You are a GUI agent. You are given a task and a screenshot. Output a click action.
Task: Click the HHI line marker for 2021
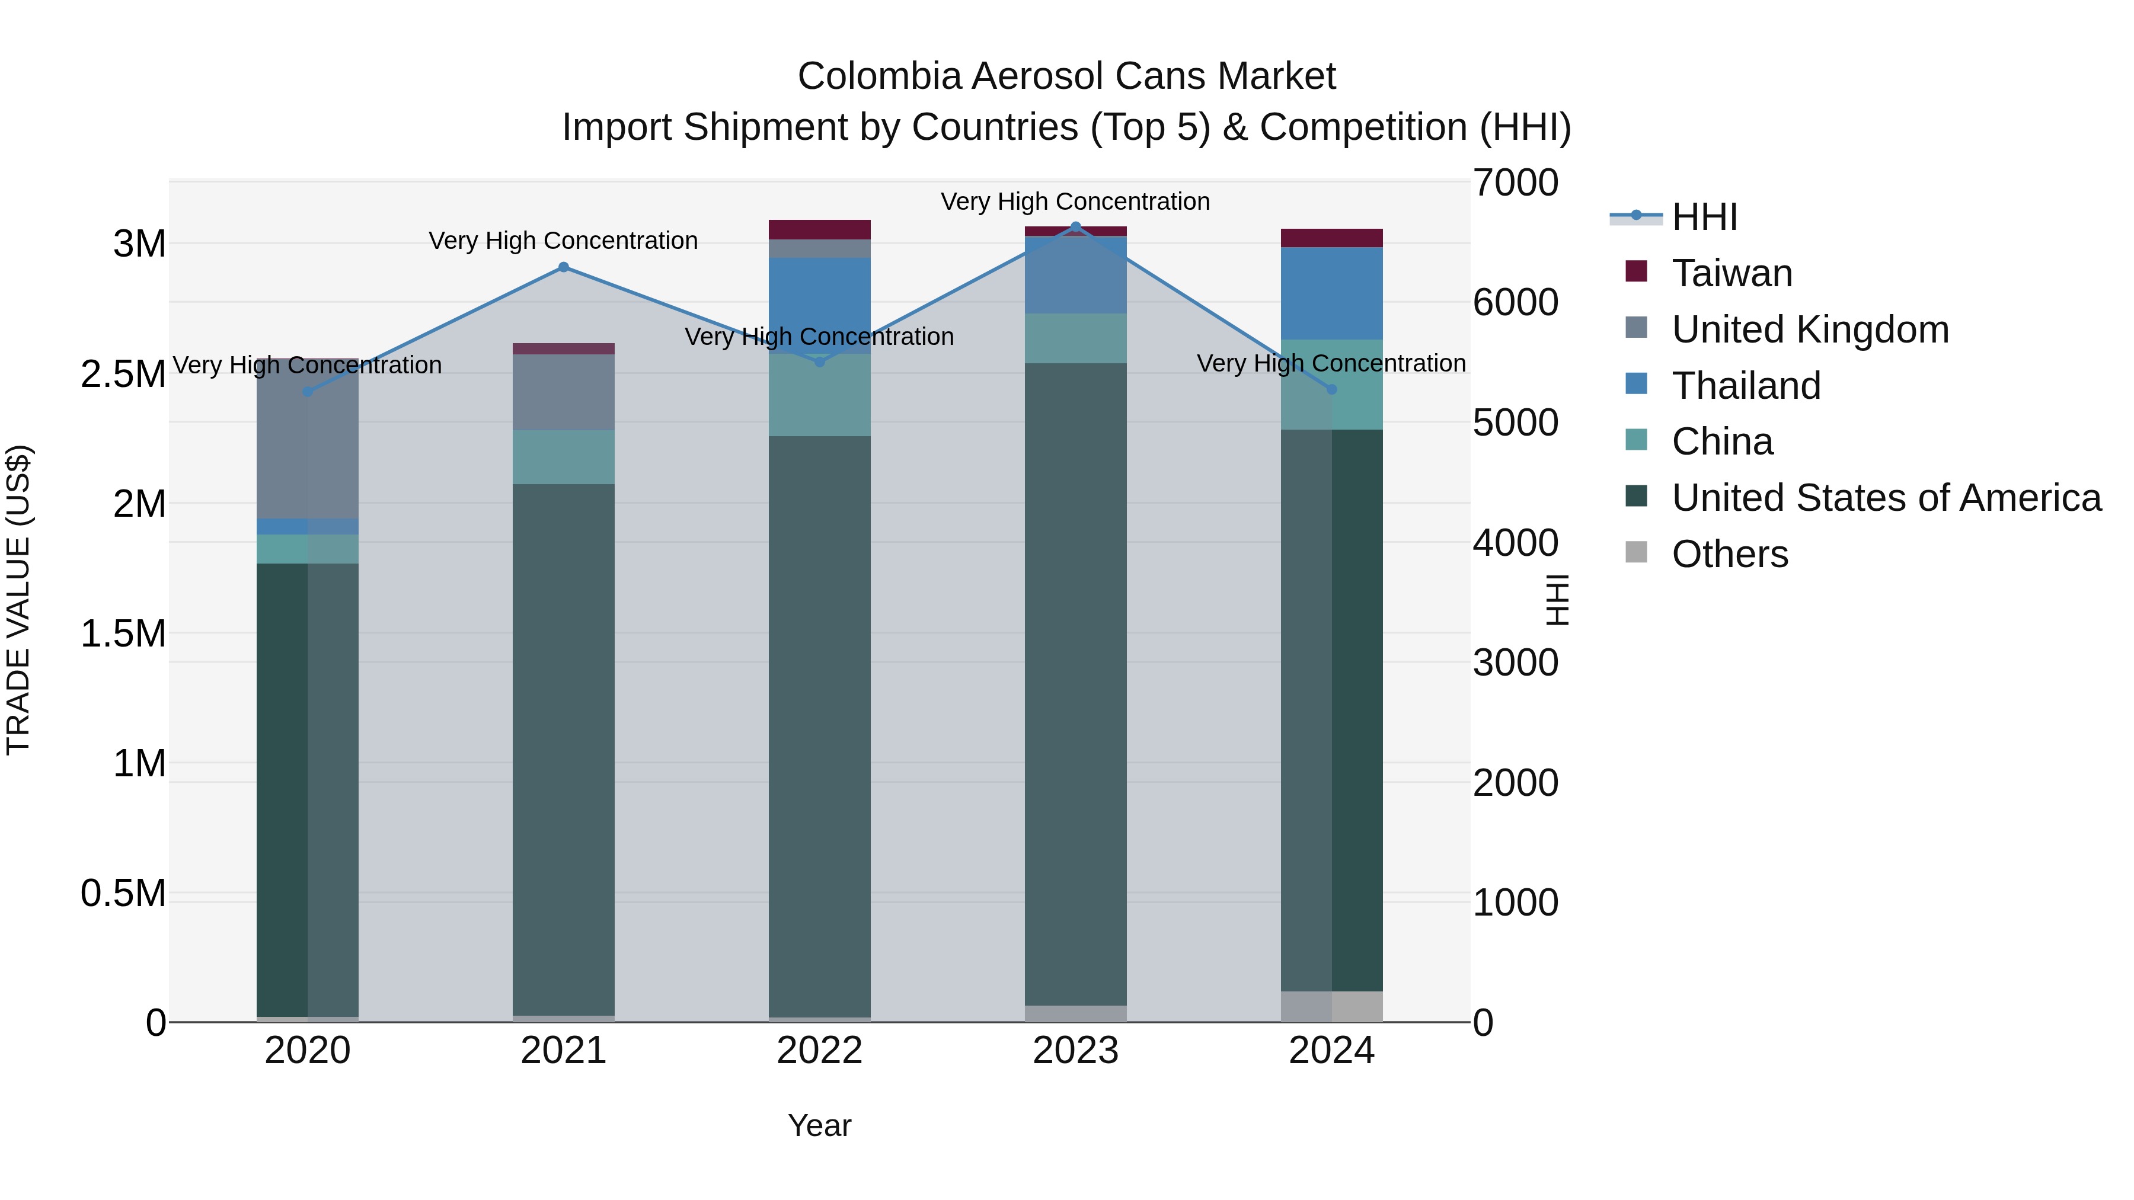click(x=563, y=267)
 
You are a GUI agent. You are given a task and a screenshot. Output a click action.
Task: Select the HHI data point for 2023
click(x=1075, y=227)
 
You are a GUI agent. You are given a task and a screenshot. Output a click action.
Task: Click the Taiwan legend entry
click(x=1732, y=273)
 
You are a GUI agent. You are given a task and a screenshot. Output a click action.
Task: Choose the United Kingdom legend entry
click(x=1810, y=329)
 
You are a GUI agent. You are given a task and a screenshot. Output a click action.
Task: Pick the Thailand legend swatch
click(x=1636, y=384)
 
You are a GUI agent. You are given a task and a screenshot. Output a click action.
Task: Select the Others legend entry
click(x=1730, y=554)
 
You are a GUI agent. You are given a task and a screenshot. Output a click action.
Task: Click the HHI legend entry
click(x=1704, y=217)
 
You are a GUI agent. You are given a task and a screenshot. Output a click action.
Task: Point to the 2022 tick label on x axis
click(x=819, y=1051)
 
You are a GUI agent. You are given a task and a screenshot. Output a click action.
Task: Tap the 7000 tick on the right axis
click(x=1515, y=183)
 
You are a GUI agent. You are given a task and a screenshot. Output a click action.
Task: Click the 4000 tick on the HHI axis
click(x=1515, y=543)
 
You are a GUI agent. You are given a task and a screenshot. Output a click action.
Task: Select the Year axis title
click(x=819, y=1125)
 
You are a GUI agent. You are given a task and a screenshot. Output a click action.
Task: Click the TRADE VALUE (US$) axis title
click(x=18, y=600)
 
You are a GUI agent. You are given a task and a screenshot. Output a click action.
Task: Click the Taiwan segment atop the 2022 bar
click(x=819, y=229)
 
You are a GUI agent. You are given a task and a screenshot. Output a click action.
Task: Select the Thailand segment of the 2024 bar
click(x=1331, y=293)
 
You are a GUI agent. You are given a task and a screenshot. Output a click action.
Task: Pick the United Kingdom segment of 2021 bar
click(x=563, y=392)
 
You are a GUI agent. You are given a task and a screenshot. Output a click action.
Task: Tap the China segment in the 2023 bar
click(x=1075, y=338)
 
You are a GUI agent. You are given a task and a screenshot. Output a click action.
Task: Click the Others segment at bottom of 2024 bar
click(x=1331, y=1006)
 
